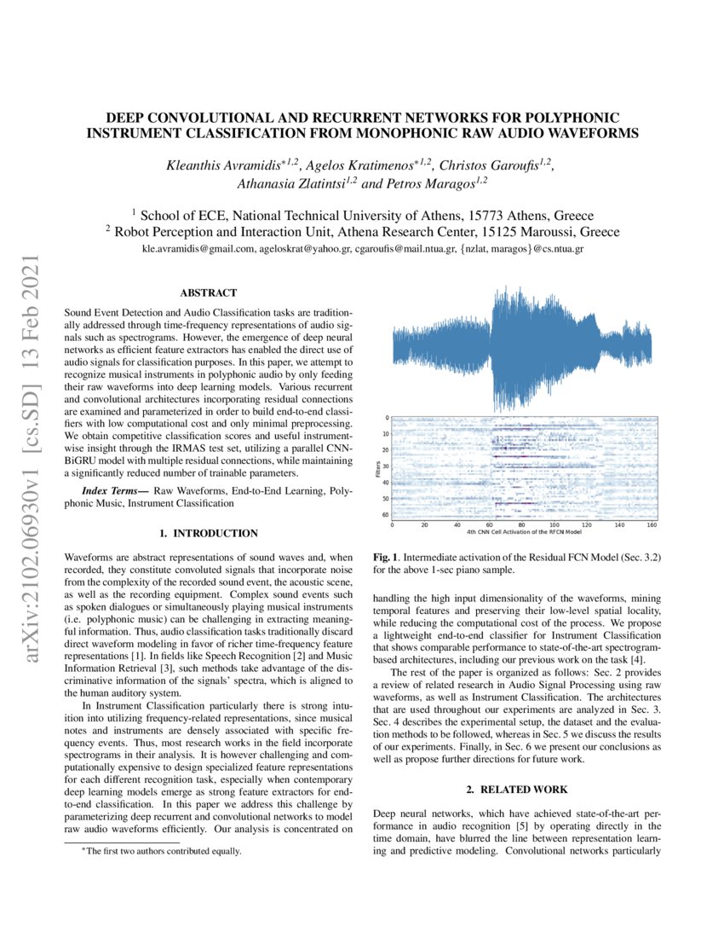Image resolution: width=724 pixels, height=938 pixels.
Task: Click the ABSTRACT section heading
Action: click(208, 292)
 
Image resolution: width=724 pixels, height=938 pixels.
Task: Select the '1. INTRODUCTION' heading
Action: click(208, 533)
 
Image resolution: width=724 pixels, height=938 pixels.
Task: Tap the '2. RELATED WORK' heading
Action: click(518, 790)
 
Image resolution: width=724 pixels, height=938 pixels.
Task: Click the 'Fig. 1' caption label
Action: click(387, 557)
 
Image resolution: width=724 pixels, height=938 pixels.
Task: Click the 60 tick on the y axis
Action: click(384, 514)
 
